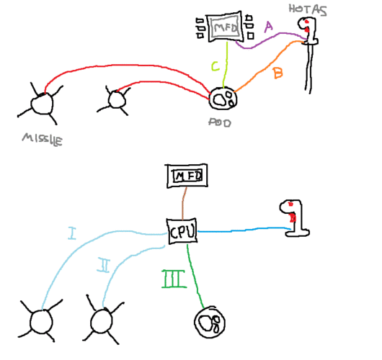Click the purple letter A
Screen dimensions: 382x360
click(x=268, y=27)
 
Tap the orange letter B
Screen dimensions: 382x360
click(x=278, y=73)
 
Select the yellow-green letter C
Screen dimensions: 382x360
click(x=216, y=66)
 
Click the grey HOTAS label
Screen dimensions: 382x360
click(x=308, y=10)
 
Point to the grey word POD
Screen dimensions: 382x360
click(x=220, y=122)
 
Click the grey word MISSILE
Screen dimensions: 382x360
click(x=43, y=140)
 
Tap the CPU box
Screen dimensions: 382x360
click(x=182, y=230)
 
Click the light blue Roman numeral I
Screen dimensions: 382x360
click(x=71, y=233)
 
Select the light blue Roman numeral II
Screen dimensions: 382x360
click(x=104, y=266)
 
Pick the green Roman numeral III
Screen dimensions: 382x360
click(x=174, y=279)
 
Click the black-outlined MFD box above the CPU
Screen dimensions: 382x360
click(x=187, y=176)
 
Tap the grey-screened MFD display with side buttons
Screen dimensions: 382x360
click(x=225, y=27)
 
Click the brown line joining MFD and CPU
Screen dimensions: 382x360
click(x=184, y=203)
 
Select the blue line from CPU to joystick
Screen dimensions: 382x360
click(x=244, y=230)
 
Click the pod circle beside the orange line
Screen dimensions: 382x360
click(x=223, y=99)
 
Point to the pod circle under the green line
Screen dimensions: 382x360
click(x=210, y=322)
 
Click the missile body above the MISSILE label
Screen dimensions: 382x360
click(x=42, y=104)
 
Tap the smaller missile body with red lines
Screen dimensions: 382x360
click(x=117, y=99)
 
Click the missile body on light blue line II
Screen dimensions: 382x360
click(x=101, y=321)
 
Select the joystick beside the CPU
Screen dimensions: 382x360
click(x=295, y=218)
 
